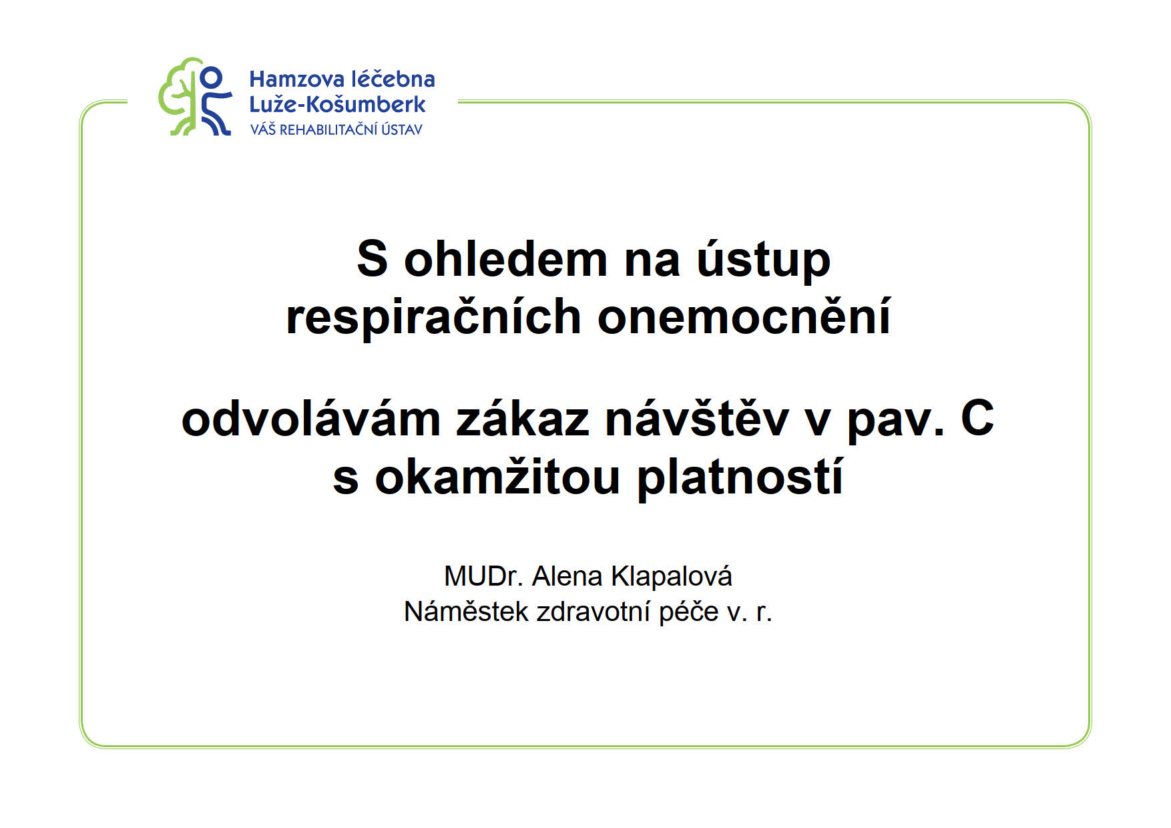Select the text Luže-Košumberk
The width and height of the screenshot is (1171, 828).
pos(337,104)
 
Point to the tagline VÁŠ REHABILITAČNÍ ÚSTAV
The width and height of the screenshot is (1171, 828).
pos(336,129)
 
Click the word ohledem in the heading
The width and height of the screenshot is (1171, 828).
pos(505,259)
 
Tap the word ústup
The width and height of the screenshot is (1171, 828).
pos(764,260)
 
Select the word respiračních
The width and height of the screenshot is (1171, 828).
pos(433,317)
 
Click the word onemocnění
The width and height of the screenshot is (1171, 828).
pos(744,316)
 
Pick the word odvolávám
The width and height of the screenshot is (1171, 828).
pos(311,420)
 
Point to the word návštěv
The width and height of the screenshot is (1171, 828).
pos(698,420)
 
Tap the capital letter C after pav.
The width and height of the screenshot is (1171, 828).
pos(977,419)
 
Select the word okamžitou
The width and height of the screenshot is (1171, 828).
pos(498,477)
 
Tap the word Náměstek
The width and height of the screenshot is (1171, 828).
pos(466,612)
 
